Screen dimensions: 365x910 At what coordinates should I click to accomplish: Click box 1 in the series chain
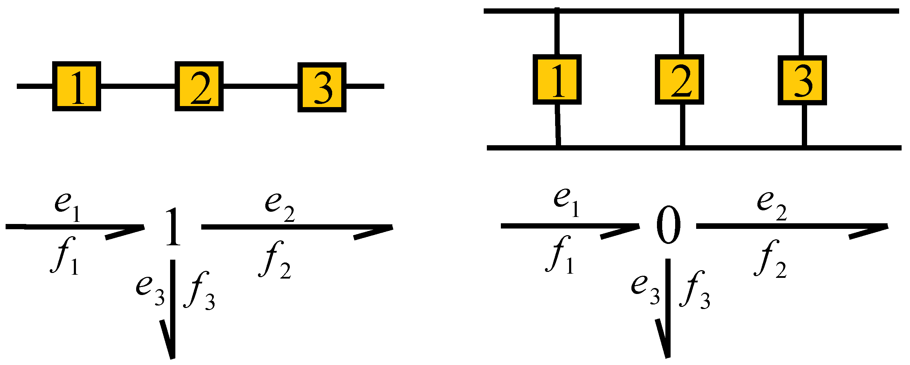click(77, 86)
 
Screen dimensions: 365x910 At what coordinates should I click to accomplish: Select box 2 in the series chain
click(199, 86)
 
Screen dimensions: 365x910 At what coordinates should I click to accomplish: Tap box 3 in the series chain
click(322, 87)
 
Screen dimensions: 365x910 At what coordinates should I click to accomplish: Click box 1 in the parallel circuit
click(557, 79)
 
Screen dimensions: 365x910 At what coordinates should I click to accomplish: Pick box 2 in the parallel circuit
click(680, 79)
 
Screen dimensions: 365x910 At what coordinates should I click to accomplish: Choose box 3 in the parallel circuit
click(802, 80)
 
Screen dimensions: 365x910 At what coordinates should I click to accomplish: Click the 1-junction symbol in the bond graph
click(173, 227)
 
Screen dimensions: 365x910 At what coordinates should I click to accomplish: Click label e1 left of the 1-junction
click(67, 207)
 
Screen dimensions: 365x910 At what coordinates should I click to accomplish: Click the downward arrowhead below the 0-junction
click(664, 339)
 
